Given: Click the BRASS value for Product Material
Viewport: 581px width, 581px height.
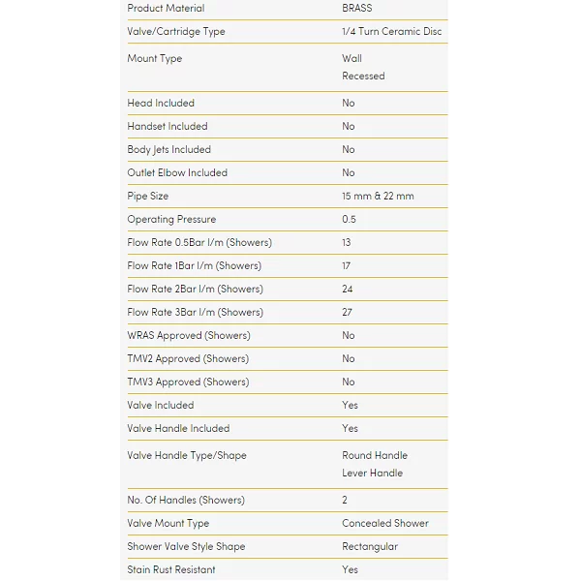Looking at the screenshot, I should point(356,9).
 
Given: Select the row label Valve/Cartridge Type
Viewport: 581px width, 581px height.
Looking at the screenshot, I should point(175,32).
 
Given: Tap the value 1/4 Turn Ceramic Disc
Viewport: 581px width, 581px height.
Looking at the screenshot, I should point(391,32).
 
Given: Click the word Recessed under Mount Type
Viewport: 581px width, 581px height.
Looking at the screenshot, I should point(363,76).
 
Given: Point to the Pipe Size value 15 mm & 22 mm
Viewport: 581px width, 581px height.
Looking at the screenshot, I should point(378,197).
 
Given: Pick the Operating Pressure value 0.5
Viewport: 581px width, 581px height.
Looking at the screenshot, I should point(349,220).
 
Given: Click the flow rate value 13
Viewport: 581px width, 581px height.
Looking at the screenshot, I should point(347,243).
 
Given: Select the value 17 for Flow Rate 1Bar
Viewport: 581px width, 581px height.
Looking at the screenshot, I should point(347,266).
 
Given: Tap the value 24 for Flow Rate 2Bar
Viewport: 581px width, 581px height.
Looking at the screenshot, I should point(348,290).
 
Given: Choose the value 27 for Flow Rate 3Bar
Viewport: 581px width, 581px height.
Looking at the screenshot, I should point(348,313).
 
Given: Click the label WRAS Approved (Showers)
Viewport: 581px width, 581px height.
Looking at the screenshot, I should point(188,336).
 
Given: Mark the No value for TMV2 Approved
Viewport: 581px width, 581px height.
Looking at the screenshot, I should point(349,359).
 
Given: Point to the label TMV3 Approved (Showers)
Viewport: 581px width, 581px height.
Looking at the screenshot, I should point(188,382).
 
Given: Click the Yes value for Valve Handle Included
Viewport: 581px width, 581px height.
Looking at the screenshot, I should point(350,429).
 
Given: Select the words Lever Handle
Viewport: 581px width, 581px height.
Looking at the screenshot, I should point(372,474).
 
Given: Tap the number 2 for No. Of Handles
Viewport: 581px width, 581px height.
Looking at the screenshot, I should point(346,501).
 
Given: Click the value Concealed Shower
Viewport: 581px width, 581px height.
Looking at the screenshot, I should point(384,524).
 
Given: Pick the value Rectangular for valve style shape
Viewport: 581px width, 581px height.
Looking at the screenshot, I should point(369,547).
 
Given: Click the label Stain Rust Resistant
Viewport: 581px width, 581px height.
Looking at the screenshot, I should point(170,570).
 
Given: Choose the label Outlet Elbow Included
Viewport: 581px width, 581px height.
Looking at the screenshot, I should point(177,173).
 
